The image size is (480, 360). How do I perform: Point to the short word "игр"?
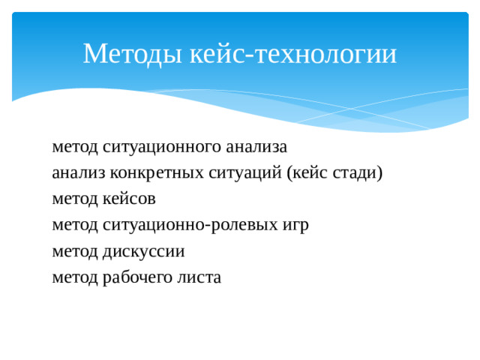[x=295, y=225]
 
